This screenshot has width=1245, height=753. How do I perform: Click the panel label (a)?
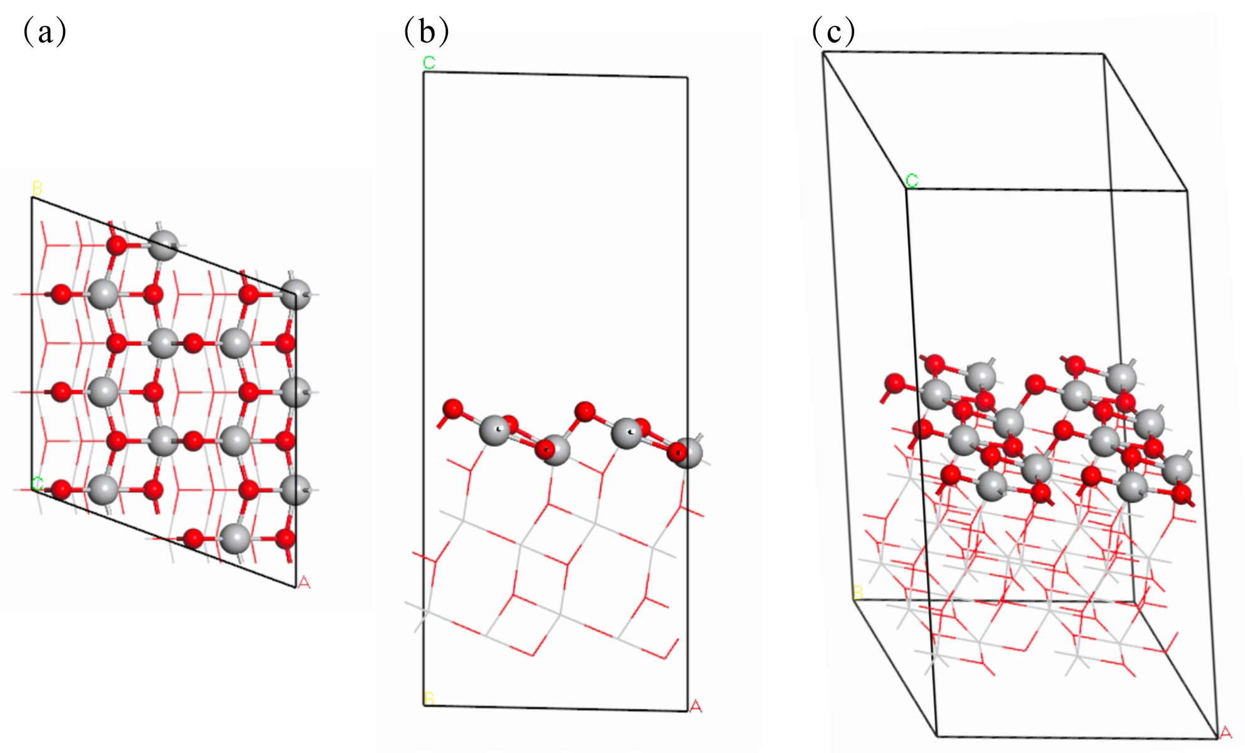point(45,31)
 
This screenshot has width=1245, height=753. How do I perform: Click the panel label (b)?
point(426,31)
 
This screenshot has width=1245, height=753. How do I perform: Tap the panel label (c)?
point(833,31)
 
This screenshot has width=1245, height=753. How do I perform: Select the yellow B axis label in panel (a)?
point(37,188)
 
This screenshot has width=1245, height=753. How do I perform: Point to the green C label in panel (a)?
point(37,484)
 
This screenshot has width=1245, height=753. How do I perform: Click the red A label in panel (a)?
point(304,583)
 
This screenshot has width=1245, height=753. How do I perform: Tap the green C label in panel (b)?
point(429,63)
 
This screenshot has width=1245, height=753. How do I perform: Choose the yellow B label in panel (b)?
point(429,698)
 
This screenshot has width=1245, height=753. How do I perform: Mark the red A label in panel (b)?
point(695,707)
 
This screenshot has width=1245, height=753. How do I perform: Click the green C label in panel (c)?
point(912,181)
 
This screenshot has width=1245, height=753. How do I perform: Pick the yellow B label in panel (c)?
point(858,592)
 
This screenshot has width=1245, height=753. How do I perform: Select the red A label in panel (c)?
point(1225,732)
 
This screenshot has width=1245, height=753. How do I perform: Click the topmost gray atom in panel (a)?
point(163,245)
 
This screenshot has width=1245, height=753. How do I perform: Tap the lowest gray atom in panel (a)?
point(236,538)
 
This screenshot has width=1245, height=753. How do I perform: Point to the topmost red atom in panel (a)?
point(117,245)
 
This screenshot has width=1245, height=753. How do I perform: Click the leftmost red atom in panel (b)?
point(452,409)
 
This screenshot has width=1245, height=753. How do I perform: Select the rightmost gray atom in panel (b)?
point(689,452)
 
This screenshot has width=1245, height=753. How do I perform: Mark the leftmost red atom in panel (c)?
point(894,383)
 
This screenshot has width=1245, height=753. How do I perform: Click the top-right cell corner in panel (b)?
point(687,78)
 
